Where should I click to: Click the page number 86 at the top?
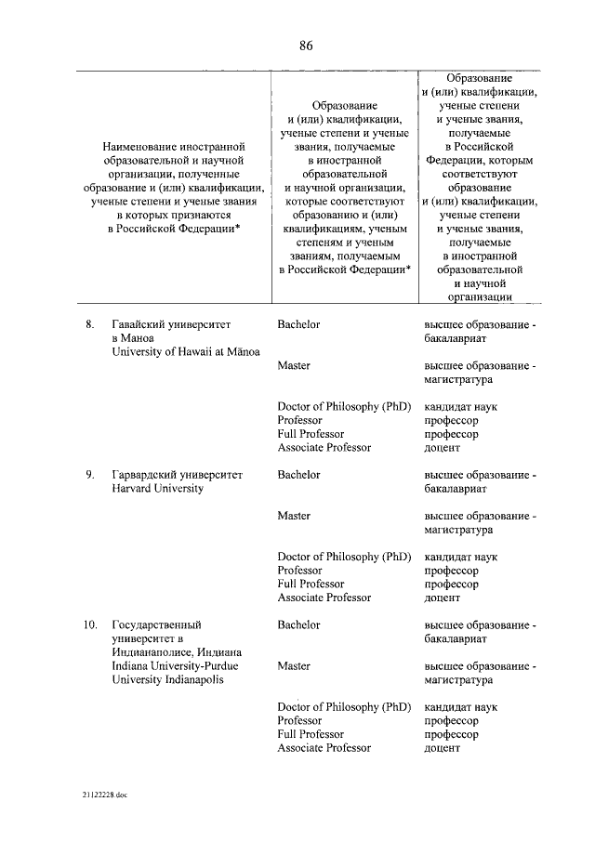pyautogui.click(x=306, y=46)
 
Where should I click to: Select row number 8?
pyautogui.click(x=90, y=324)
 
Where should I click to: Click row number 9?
pyautogui.click(x=90, y=475)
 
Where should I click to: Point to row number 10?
pyautogui.click(x=90, y=625)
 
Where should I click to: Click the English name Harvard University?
pyautogui.click(x=157, y=489)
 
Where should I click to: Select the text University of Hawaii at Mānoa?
pyautogui.click(x=186, y=352)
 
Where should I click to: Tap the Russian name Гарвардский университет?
pyautogui.click(x=177, y=475)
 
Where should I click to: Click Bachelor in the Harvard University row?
pyautogui.click(x=298, y=475)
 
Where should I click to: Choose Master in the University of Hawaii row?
pyautogui.click(x=294, y=365)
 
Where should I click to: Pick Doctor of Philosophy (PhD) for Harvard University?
pyautogui.click(x=344, y=557)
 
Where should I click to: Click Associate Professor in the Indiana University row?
pyautogui.click(x=324, y=748)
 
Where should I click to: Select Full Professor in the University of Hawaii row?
pyautogui.click(x=311, y=434)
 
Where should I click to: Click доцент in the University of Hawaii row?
pyautogui.click(x=442, y=448)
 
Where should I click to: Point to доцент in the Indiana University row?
pyautogui.click(x=442, y=748)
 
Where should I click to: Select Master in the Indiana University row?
pyautogui.click(x=294, y=666)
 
